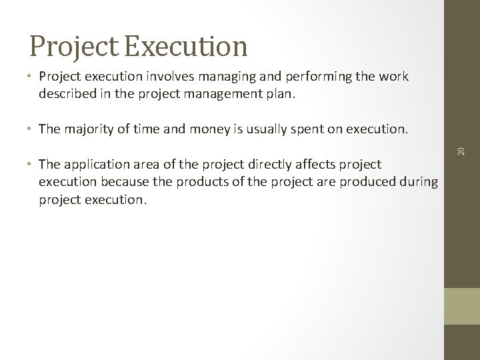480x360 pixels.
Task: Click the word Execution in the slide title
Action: click(x=185, y=46)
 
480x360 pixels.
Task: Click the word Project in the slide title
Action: click(x=74, y=46)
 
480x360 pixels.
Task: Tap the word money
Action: click(x=209, y=129)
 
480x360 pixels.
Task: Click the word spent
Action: click(x=314, y=129)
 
